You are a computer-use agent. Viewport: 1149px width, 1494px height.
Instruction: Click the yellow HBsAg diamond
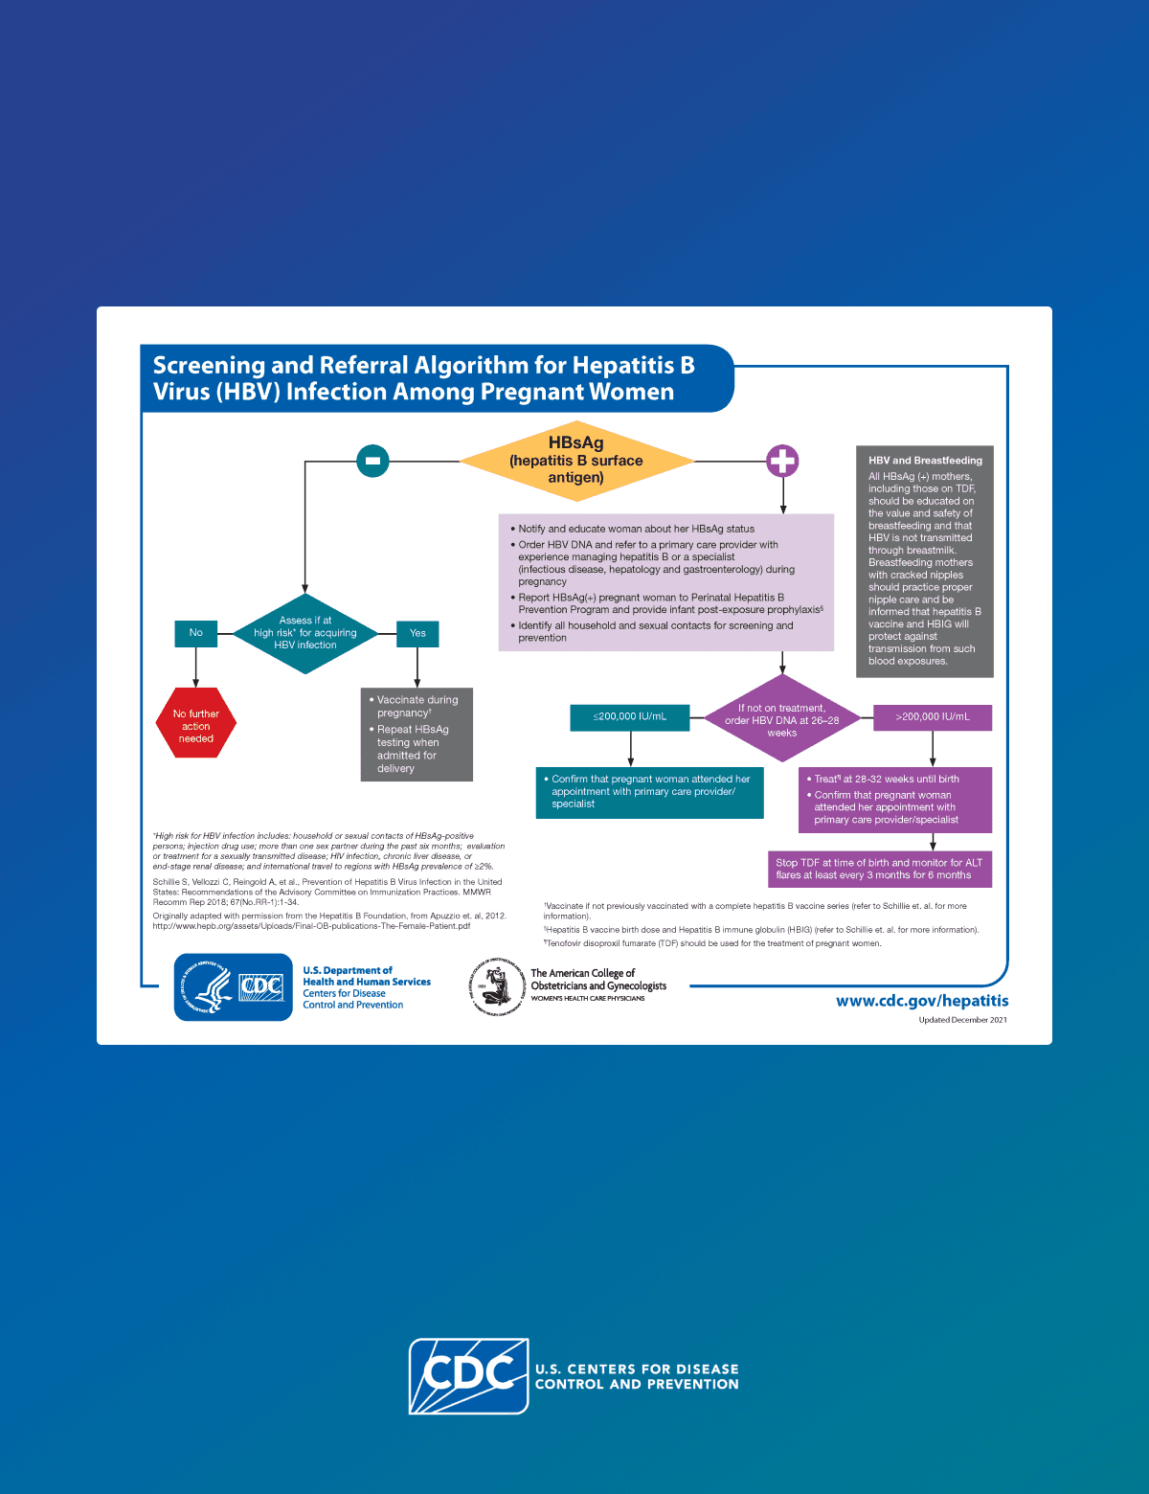(x=576, y=461)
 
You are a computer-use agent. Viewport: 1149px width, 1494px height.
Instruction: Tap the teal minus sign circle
(x=372, y=461)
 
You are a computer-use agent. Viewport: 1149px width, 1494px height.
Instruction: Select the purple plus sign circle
(x=782, y=461)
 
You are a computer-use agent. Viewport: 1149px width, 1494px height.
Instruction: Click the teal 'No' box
(x=195, y=633)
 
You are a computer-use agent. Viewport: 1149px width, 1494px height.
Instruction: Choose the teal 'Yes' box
(x=417, y=633)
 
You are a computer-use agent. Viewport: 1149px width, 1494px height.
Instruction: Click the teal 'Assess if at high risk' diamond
(x=305, y=633)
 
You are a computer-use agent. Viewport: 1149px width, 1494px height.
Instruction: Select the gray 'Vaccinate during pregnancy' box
(x=417, y=734)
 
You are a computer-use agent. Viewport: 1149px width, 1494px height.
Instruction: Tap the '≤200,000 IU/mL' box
(x=630, y=717)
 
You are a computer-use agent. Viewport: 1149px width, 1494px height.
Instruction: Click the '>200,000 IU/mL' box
(x=933, y=717)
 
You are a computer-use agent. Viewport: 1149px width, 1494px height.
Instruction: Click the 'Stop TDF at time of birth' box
(x=879, y=869)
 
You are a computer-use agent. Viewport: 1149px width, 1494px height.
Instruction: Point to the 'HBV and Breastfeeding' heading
(x=925, y=461)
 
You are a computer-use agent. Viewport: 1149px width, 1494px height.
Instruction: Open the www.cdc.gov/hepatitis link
(x=922, y=1001)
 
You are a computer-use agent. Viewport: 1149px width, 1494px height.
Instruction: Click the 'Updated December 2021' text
(x=962, y=1020)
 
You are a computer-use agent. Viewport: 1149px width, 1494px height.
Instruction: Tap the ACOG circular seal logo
(x=497, y=986)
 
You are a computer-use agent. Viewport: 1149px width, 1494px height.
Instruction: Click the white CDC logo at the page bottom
(x=469, y=1376)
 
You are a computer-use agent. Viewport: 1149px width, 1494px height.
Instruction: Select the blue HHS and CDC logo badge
(x=234, y=987)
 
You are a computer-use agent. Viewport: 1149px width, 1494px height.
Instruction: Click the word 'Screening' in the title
(x=209, y=366)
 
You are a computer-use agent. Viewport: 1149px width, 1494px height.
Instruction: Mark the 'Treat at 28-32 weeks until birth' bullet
(x=886, y=780)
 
